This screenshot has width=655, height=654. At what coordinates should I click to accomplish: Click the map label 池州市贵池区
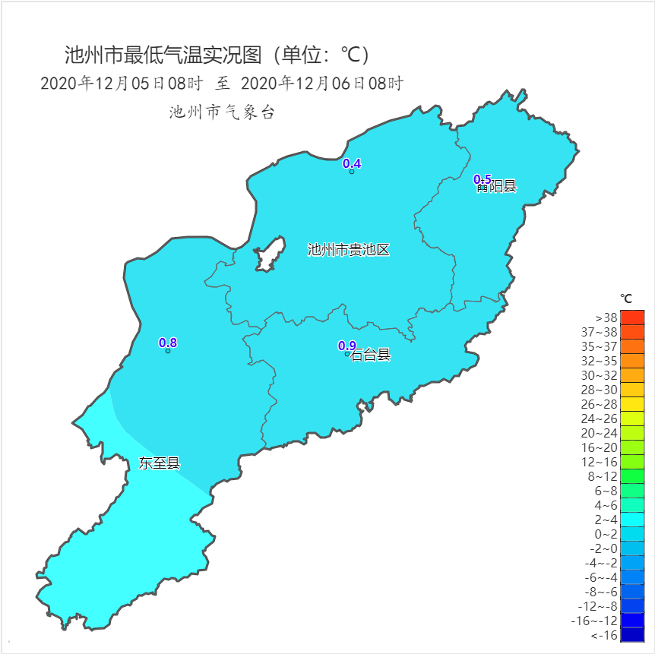[348, 250]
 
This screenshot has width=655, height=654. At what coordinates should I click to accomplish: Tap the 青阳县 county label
[498, 187]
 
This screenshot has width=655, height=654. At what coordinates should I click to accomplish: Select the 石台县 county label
[371, 355]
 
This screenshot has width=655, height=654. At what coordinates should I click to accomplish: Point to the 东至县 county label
[160, 463]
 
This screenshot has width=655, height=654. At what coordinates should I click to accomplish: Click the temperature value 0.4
[352, 163]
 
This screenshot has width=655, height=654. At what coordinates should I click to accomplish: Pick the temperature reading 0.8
[168, 343]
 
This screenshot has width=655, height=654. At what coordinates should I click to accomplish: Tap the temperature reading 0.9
[346, 346]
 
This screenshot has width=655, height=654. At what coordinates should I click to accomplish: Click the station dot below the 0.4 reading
[352, 172]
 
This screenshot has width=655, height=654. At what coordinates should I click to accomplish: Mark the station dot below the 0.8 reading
[168, 351]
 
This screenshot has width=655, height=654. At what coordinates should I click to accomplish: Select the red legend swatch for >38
[632, 318]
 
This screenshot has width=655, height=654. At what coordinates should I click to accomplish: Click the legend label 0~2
[606, 534]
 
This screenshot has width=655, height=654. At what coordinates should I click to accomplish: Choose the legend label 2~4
[606, 520]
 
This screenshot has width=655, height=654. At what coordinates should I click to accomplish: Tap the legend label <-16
[604, 635]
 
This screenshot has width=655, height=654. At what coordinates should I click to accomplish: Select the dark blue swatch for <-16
[632, 635]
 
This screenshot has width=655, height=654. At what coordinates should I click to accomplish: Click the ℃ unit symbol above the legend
[626, 299]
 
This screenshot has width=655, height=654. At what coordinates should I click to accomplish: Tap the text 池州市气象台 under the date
[222, 113]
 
